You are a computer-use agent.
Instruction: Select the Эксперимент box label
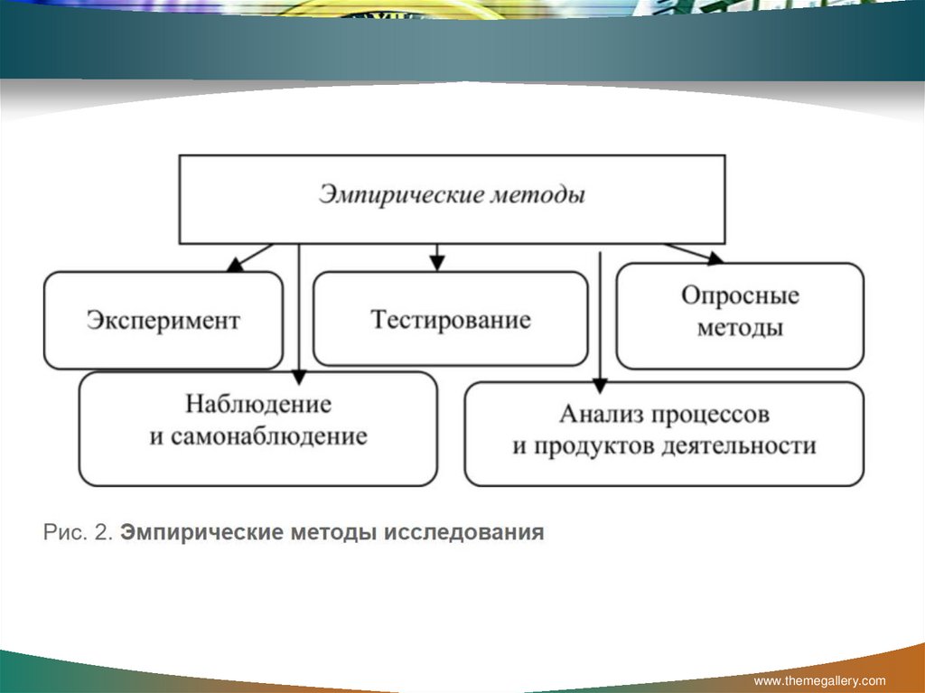[164, 321]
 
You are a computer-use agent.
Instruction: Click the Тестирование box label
[451, 319]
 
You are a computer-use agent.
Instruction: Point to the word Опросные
[741, 295]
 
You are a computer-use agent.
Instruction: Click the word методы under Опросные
[741, 328]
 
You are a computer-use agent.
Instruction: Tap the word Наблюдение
[258, 405]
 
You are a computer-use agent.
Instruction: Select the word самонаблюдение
[269, 436]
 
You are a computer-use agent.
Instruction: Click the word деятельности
[739, 445]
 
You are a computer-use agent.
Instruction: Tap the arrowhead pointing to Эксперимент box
[235, 265]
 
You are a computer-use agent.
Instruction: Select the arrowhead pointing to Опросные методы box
[715, 258]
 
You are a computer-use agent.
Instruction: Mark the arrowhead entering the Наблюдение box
[299, 377]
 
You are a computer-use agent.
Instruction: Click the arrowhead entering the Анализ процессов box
[600, 386]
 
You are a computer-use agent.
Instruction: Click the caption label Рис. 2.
[78, 532]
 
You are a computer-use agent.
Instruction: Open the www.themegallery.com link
[819, 680]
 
